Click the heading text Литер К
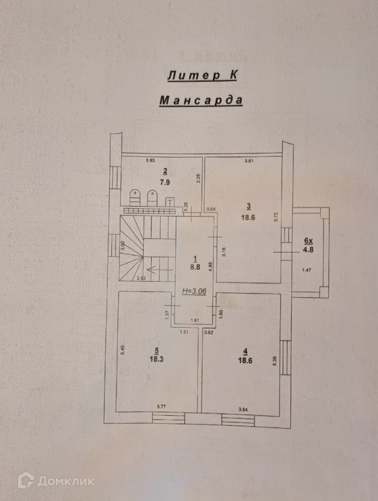(202, 76)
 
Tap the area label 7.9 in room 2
(165, 182)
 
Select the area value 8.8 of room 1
(196, 267)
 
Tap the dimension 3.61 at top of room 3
(250, 161)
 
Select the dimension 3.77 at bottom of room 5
(161, 407)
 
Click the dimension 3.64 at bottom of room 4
(243, 409)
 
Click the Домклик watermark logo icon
(26, 481)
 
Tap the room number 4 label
(245, 351)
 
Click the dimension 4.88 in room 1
(210, 266)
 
